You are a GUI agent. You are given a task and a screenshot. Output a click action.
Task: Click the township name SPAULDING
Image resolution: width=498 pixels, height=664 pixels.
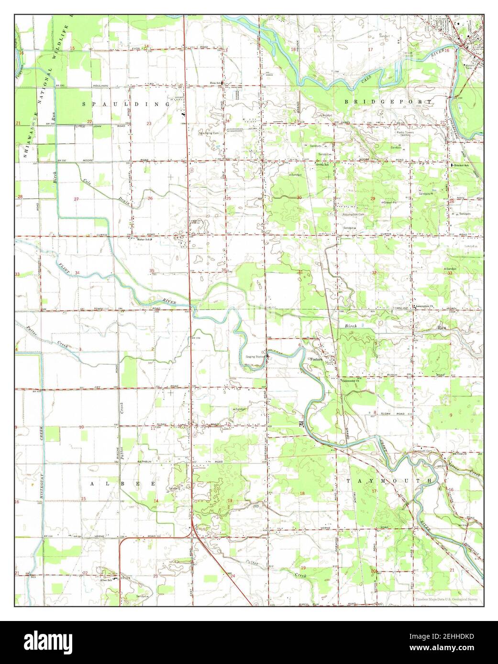(125, 104)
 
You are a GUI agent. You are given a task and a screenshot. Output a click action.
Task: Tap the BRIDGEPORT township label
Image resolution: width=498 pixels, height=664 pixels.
(388, 102)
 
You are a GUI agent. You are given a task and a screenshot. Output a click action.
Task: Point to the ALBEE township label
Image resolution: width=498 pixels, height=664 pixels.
(123, 483)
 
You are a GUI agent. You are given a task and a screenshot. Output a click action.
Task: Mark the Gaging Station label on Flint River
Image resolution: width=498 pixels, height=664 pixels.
(255, 356)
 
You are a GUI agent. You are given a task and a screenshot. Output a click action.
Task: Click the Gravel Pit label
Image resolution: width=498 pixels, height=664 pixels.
(391, 203)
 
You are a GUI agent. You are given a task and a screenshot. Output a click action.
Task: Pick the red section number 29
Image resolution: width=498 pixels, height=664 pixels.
(372, 198)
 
